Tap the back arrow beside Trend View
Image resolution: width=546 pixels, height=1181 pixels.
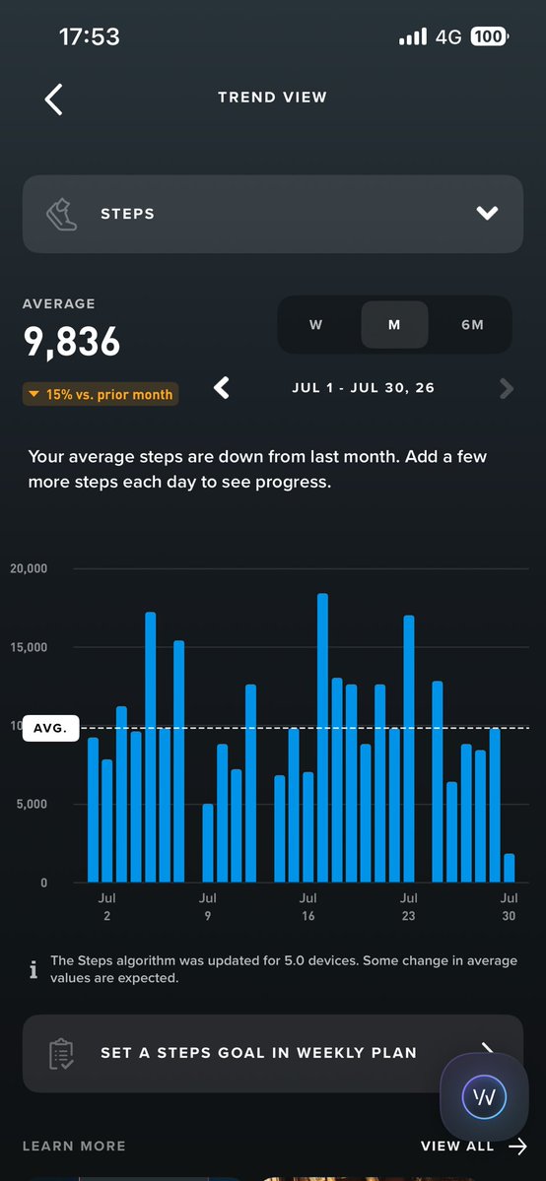coord(53,98)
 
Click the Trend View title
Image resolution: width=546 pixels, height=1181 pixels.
coord(272,98)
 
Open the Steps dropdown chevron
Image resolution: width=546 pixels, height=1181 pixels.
coord(487,213)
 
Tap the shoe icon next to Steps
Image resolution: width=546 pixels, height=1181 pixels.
coord(61,214)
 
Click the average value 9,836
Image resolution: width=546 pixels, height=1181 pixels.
coord(72,341)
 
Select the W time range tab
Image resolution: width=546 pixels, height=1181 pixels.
coord(316,325)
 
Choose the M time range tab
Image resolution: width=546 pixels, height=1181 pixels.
coord(394,325)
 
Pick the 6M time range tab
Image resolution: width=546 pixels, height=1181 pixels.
coord(472,325)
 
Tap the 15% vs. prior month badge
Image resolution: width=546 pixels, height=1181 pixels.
coord(101,394)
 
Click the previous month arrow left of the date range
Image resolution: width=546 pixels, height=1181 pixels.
coord(221,388)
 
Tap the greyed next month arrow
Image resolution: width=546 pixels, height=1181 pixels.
coord(506,389)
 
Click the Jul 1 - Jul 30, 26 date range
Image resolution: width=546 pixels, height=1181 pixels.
coord(364,388)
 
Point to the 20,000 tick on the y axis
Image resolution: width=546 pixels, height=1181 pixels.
coord(29,568)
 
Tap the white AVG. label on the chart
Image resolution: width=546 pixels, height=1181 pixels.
coord(50,728)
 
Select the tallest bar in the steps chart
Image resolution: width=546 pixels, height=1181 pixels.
coord(323,738)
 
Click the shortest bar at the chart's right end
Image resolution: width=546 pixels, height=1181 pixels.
coord(510,868)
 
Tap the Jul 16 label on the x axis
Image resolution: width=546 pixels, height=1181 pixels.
coord(307,907)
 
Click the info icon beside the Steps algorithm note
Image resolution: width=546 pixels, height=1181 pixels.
coord(34,969)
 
